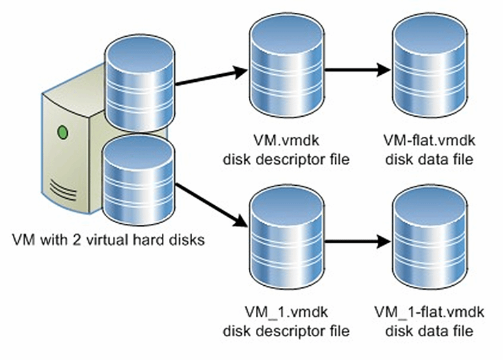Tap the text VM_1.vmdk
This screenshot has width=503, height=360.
285,314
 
